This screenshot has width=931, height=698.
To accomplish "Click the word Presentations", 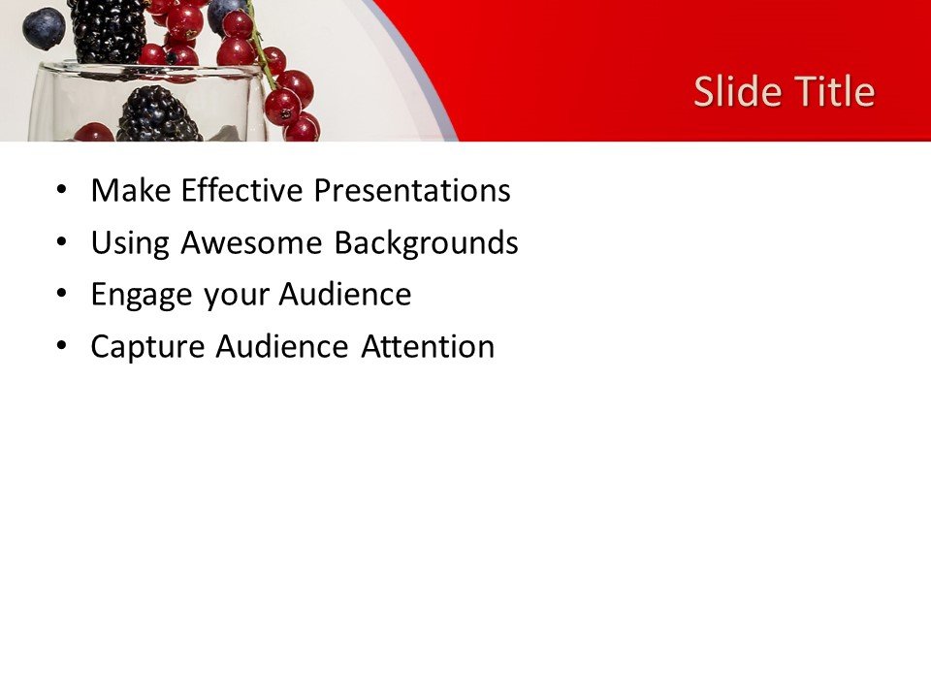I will (x=411, y=191).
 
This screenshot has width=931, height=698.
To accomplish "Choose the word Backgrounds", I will (x=426, y=243).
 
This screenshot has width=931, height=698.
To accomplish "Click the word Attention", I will (x=427, y=347).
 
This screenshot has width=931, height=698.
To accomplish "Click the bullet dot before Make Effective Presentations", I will (x=63, y=191).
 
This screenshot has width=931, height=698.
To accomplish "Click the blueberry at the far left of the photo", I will (x=43, y=27).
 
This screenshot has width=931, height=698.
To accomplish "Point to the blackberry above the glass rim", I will (x=108, y=29).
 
